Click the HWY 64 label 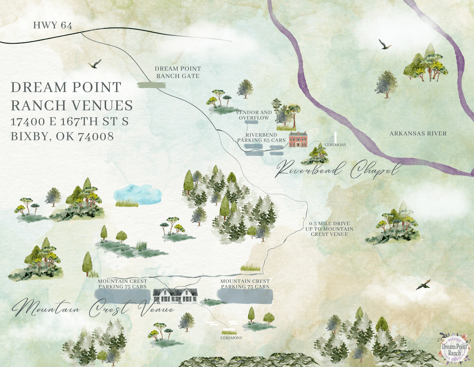pyautogui.click(x=53, y=26)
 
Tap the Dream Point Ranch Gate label pyautogui.click(x=177, y=72)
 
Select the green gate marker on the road pyautogui.click(x=151, y=85)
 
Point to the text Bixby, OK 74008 pyautogui.click(x=62, y=137)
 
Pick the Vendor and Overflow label pyautogui.click(x=254, y=115)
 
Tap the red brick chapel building pyautogui.click(x=298, y=140)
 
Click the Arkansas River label pyautogui.click(x=418, y=133)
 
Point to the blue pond pyautogui.click(x=137, y=194)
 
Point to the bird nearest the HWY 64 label pyautogui.click(x=95, y=64)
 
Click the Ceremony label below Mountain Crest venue pyautogui.click(x=231, y=338)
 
